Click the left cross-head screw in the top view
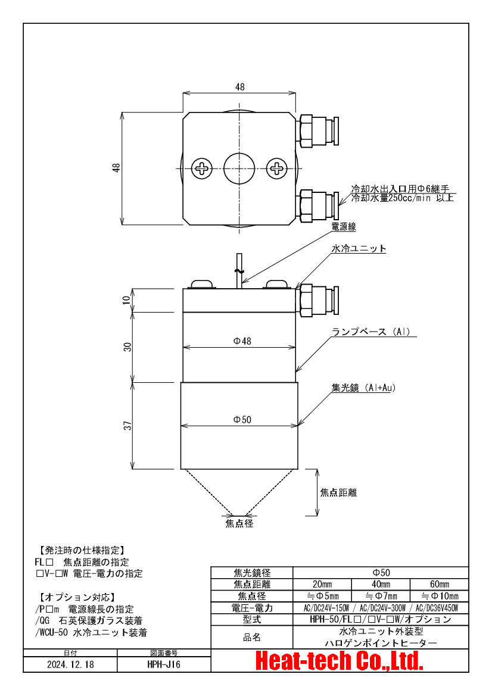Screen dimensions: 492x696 [201, 168]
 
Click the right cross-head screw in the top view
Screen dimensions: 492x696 [276, 168]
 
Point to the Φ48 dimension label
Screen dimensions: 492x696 [242, 341]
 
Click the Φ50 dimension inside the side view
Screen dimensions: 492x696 [242, 420]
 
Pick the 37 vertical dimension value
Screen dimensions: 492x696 [128, 425]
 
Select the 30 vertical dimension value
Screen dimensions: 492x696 [128, 347]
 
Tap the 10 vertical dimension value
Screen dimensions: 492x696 [128, 299]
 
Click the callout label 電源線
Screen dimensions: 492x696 [343, 227]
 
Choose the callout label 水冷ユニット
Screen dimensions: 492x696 [359, 249]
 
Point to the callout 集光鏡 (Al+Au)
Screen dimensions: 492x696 [363, 388]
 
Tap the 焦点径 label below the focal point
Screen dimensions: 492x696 [239, 523]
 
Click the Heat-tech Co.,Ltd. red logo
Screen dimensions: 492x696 [340, 661]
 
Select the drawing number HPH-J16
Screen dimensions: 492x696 [164, 664]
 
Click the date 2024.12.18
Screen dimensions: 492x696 [70, 664]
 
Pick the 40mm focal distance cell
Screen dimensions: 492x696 [381, 584]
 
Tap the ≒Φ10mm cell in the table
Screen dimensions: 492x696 [440, 596]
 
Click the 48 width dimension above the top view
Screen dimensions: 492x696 [240, 87]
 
